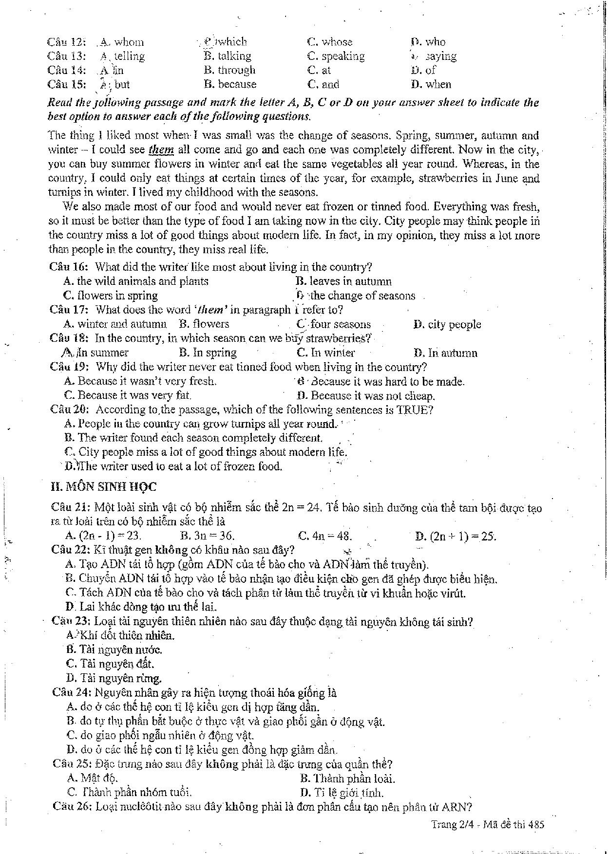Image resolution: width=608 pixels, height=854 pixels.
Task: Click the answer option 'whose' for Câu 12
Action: [330, 42]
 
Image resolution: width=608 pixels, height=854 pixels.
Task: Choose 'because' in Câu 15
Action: [230, 84]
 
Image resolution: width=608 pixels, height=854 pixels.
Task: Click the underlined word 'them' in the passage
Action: [161, 149]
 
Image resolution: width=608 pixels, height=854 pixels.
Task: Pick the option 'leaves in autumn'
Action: [344, 281]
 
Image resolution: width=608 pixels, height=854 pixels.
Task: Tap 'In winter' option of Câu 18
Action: [326, 353]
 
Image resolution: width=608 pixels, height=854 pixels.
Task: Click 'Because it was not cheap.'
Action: [366, 395]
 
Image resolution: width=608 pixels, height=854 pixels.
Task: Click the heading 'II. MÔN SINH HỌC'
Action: [103, 487]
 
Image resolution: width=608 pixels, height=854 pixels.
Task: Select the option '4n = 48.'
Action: [325, 536]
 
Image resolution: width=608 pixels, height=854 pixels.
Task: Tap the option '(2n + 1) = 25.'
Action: [456, 537]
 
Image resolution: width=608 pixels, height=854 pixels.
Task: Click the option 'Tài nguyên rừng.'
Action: [114, 677]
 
